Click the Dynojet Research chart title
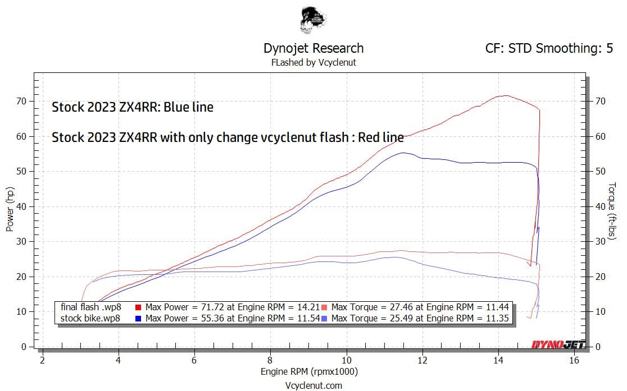[x=313, y=48]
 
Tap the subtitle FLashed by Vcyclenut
[x=313, y=62]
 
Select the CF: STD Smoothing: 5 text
[x=549, y=48]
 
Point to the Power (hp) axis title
[x=10, y=210]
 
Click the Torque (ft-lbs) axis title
[x=612, y=210]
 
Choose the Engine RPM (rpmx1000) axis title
[x=309, y=371]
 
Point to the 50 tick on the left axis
[x=22, y=171]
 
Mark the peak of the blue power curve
[x=402, y=153]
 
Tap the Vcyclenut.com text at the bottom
[x=313, y=385]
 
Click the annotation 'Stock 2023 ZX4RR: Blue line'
[x=133, y=107]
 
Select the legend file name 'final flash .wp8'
[x=90, y=307]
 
